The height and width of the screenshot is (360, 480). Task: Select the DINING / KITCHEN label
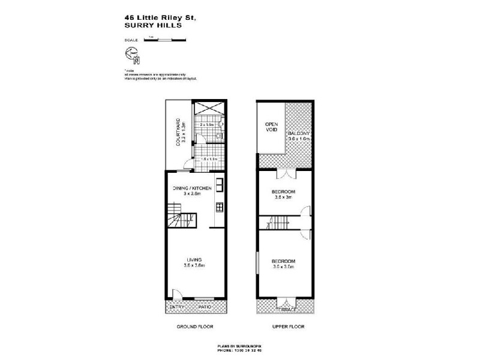pyautogui.click(x=192, y=188)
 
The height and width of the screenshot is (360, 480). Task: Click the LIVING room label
pyautogui.click(x=193, y=259)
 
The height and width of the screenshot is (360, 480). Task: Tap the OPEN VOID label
pyautogui.click(x=272, y=127)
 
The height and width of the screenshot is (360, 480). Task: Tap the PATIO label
pyautogui.click(x=207, y=308)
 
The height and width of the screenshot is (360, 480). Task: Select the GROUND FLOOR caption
pyautogui.click(x=195, y=327)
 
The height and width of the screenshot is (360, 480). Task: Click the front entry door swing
pyautogui.click(x=177, y=295)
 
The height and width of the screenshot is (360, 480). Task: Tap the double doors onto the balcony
pyautogui.click(x=289, y=174)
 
